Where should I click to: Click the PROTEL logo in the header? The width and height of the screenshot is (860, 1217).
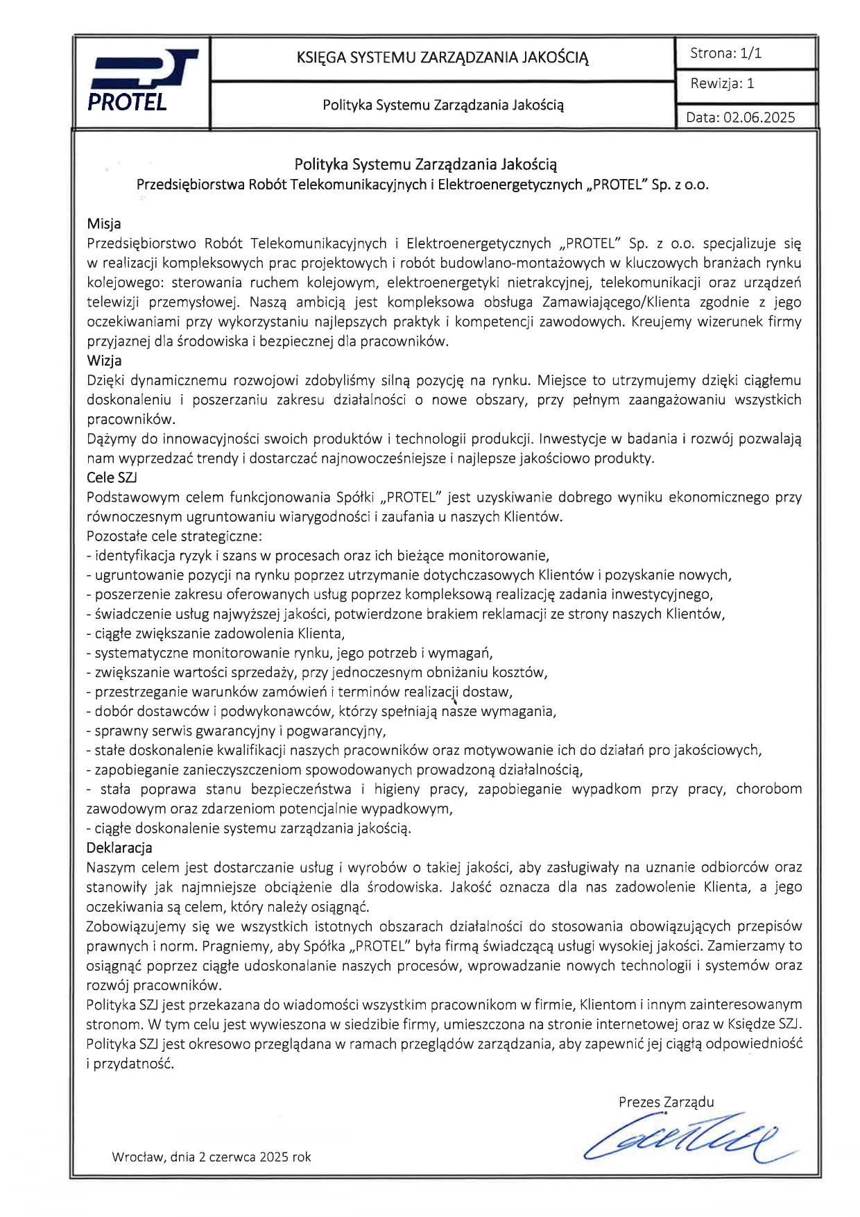141,81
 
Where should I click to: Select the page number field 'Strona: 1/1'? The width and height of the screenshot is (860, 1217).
725,53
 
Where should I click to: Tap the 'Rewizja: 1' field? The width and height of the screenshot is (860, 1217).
722,84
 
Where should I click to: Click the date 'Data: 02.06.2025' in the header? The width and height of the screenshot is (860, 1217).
740,117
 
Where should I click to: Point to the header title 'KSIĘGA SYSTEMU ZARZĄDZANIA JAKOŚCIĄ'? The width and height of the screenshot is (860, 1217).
442,58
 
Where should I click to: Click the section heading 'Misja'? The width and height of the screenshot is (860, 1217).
104,223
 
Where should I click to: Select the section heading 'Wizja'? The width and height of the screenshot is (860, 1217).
104,360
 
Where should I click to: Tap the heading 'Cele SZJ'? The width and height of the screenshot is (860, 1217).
112,477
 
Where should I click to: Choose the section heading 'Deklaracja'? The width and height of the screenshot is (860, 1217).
119,847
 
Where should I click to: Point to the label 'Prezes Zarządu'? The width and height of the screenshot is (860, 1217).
666,1102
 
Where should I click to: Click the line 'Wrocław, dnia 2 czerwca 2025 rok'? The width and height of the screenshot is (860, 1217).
212,1157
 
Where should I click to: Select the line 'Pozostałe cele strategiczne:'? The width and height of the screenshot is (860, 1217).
174,536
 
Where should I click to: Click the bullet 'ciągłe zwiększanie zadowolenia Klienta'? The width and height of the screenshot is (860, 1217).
216,633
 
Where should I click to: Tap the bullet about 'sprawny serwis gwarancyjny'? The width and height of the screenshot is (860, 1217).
236,730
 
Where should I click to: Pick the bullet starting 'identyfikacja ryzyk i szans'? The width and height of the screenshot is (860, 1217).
318,555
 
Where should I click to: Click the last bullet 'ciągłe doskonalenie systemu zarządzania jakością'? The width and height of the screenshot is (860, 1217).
248,828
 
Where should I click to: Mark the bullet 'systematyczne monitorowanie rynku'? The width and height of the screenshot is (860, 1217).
289,652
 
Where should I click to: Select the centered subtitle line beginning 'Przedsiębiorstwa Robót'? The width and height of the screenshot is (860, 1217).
422,185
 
